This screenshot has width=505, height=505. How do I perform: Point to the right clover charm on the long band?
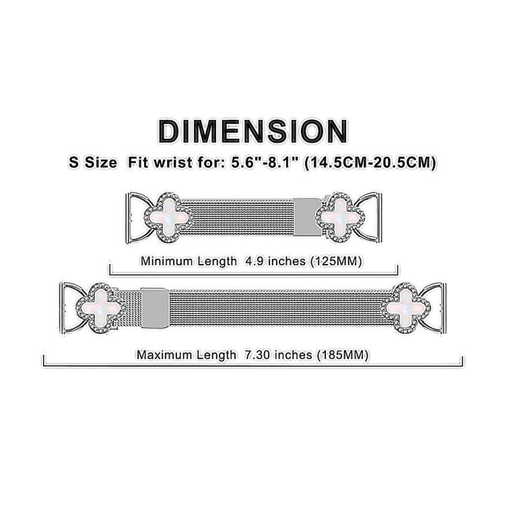[x=405, y=309]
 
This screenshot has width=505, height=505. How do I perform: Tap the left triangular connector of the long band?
[x=71, y=309]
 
